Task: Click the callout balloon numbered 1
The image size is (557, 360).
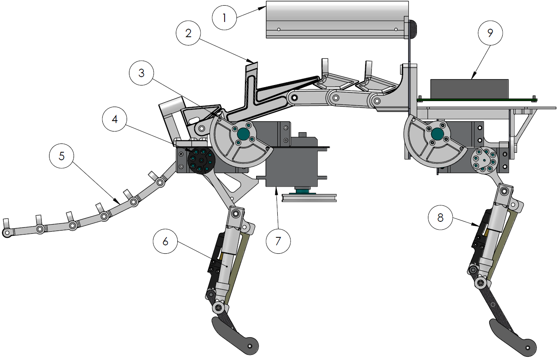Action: pos(225,17)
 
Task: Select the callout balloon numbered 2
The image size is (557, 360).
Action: pos(188,33)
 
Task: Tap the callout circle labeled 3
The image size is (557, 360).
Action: pos(141,73)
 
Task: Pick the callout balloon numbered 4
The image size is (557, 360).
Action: pos(115,119)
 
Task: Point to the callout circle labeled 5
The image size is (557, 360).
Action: pos(62,156)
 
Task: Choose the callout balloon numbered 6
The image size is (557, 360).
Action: pos(165,241)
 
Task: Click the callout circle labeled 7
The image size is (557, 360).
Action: pos(278,241)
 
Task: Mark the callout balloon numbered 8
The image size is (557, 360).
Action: pos(440,218)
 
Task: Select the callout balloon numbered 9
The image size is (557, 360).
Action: pos(490,33)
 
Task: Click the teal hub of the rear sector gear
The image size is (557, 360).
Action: pos(243,134)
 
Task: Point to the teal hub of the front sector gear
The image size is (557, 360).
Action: pos(437,134)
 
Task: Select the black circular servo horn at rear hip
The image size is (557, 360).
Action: pos(201,161)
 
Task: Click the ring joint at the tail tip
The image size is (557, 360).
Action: pos(7,233)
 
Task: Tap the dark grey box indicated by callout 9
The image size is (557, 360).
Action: pos(469,89)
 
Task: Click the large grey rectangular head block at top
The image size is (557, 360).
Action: pos(337,19)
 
